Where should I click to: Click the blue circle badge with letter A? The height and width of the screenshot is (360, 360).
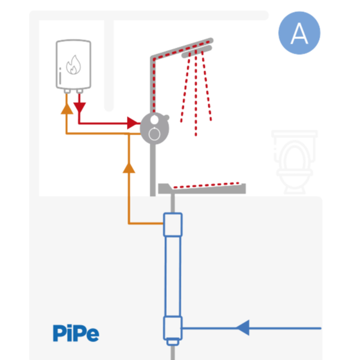pyautogui.click(x=299, y=34)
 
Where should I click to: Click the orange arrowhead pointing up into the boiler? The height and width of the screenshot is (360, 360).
pyautogui.click(x=66, y=108)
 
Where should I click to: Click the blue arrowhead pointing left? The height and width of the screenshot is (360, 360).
pyautogui.click(x=242, y=328)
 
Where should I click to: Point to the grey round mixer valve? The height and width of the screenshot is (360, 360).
pyautogui.click(x=155, y=128)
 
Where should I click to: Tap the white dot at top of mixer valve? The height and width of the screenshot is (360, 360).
pyautogui.click(x=155, y=119)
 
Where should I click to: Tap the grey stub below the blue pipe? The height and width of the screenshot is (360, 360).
pyautogui.click(x=173, y=347)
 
